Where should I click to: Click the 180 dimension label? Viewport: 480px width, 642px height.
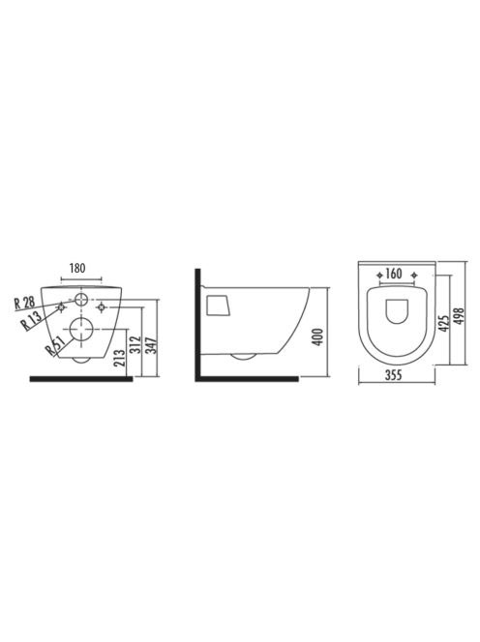(77, 268)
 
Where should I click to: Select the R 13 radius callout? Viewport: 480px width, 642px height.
(31, 319)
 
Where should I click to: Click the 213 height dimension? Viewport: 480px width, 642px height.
(121, 358)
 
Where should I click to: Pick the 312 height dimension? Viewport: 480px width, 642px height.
(136, 344)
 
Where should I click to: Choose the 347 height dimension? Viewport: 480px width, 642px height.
(152, 345)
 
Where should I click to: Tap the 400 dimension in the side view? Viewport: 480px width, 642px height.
(318, 336)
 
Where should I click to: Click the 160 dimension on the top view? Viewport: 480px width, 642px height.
(394, 274)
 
